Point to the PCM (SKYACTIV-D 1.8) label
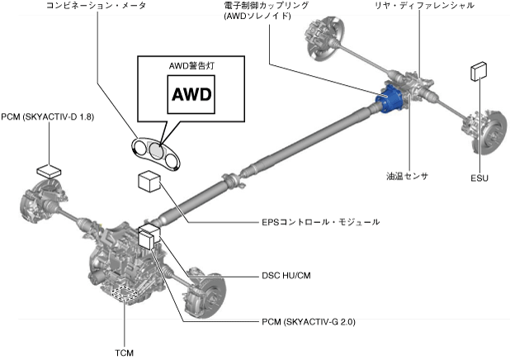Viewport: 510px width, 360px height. tap(48, 118)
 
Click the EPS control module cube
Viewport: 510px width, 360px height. tap(149, 182)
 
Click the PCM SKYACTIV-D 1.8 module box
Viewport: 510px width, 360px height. tap(49, 170)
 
